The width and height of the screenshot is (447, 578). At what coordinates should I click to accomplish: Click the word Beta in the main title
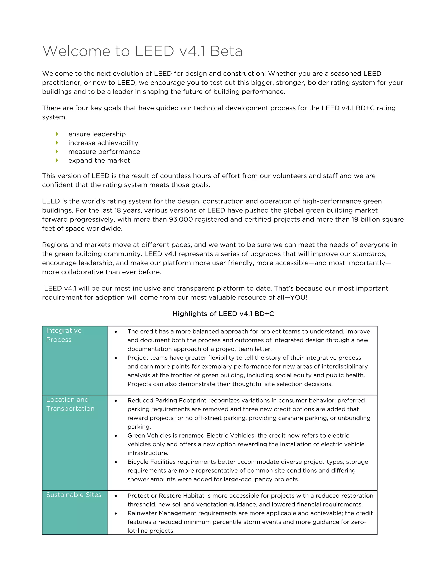click(226, 51)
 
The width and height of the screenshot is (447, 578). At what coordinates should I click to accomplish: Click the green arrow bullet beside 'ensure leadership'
click(57, 134)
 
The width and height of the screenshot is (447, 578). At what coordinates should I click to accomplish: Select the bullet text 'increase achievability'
click(103, 143)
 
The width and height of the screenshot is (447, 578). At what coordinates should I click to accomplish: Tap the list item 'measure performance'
click(104, 152)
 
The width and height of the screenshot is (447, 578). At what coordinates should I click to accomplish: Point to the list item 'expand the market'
click(99, 160)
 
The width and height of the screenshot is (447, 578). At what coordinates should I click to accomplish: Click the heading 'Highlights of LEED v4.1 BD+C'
click(223, 314)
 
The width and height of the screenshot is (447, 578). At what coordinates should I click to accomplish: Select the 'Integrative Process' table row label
click(64, 335)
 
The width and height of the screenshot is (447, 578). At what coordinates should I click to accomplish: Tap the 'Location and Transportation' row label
click(70, 404)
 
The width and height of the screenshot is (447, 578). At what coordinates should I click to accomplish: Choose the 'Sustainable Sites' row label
click(74, 495)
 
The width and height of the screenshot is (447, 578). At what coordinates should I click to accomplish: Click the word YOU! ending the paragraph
click(298, 298)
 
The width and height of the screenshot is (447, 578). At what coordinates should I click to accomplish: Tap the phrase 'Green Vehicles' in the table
click(149, 435)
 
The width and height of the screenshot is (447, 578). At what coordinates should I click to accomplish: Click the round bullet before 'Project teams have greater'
click(116, 358)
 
